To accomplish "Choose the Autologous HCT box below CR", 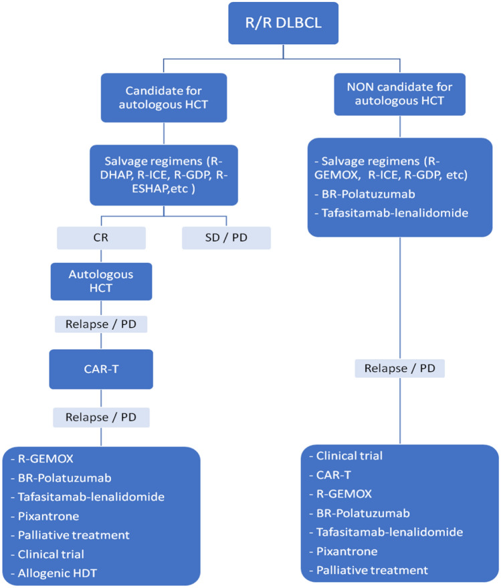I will point(100,281).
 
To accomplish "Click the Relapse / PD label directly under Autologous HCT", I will point(100,325).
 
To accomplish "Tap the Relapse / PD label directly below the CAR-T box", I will point(100,417).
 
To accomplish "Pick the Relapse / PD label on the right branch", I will point(400,369).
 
